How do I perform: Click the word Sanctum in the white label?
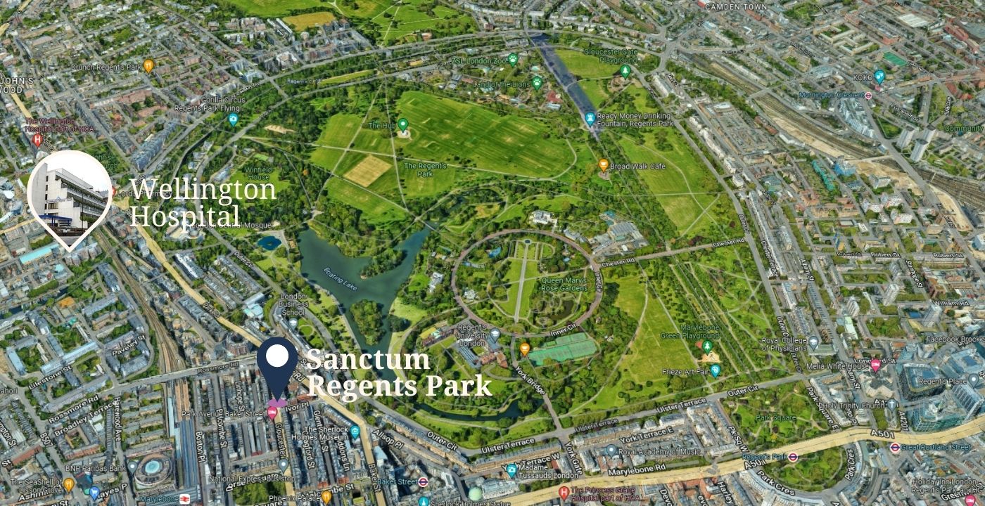367,360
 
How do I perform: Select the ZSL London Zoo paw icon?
513,59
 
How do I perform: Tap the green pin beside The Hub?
402,124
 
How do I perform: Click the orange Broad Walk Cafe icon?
603,164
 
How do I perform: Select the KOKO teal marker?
879,77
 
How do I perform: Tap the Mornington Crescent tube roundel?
868,95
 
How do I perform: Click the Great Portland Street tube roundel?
894,447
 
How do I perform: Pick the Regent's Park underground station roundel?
792,456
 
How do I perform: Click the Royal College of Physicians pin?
814,342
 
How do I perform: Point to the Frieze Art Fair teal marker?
715,371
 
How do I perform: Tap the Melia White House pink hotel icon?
875,365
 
